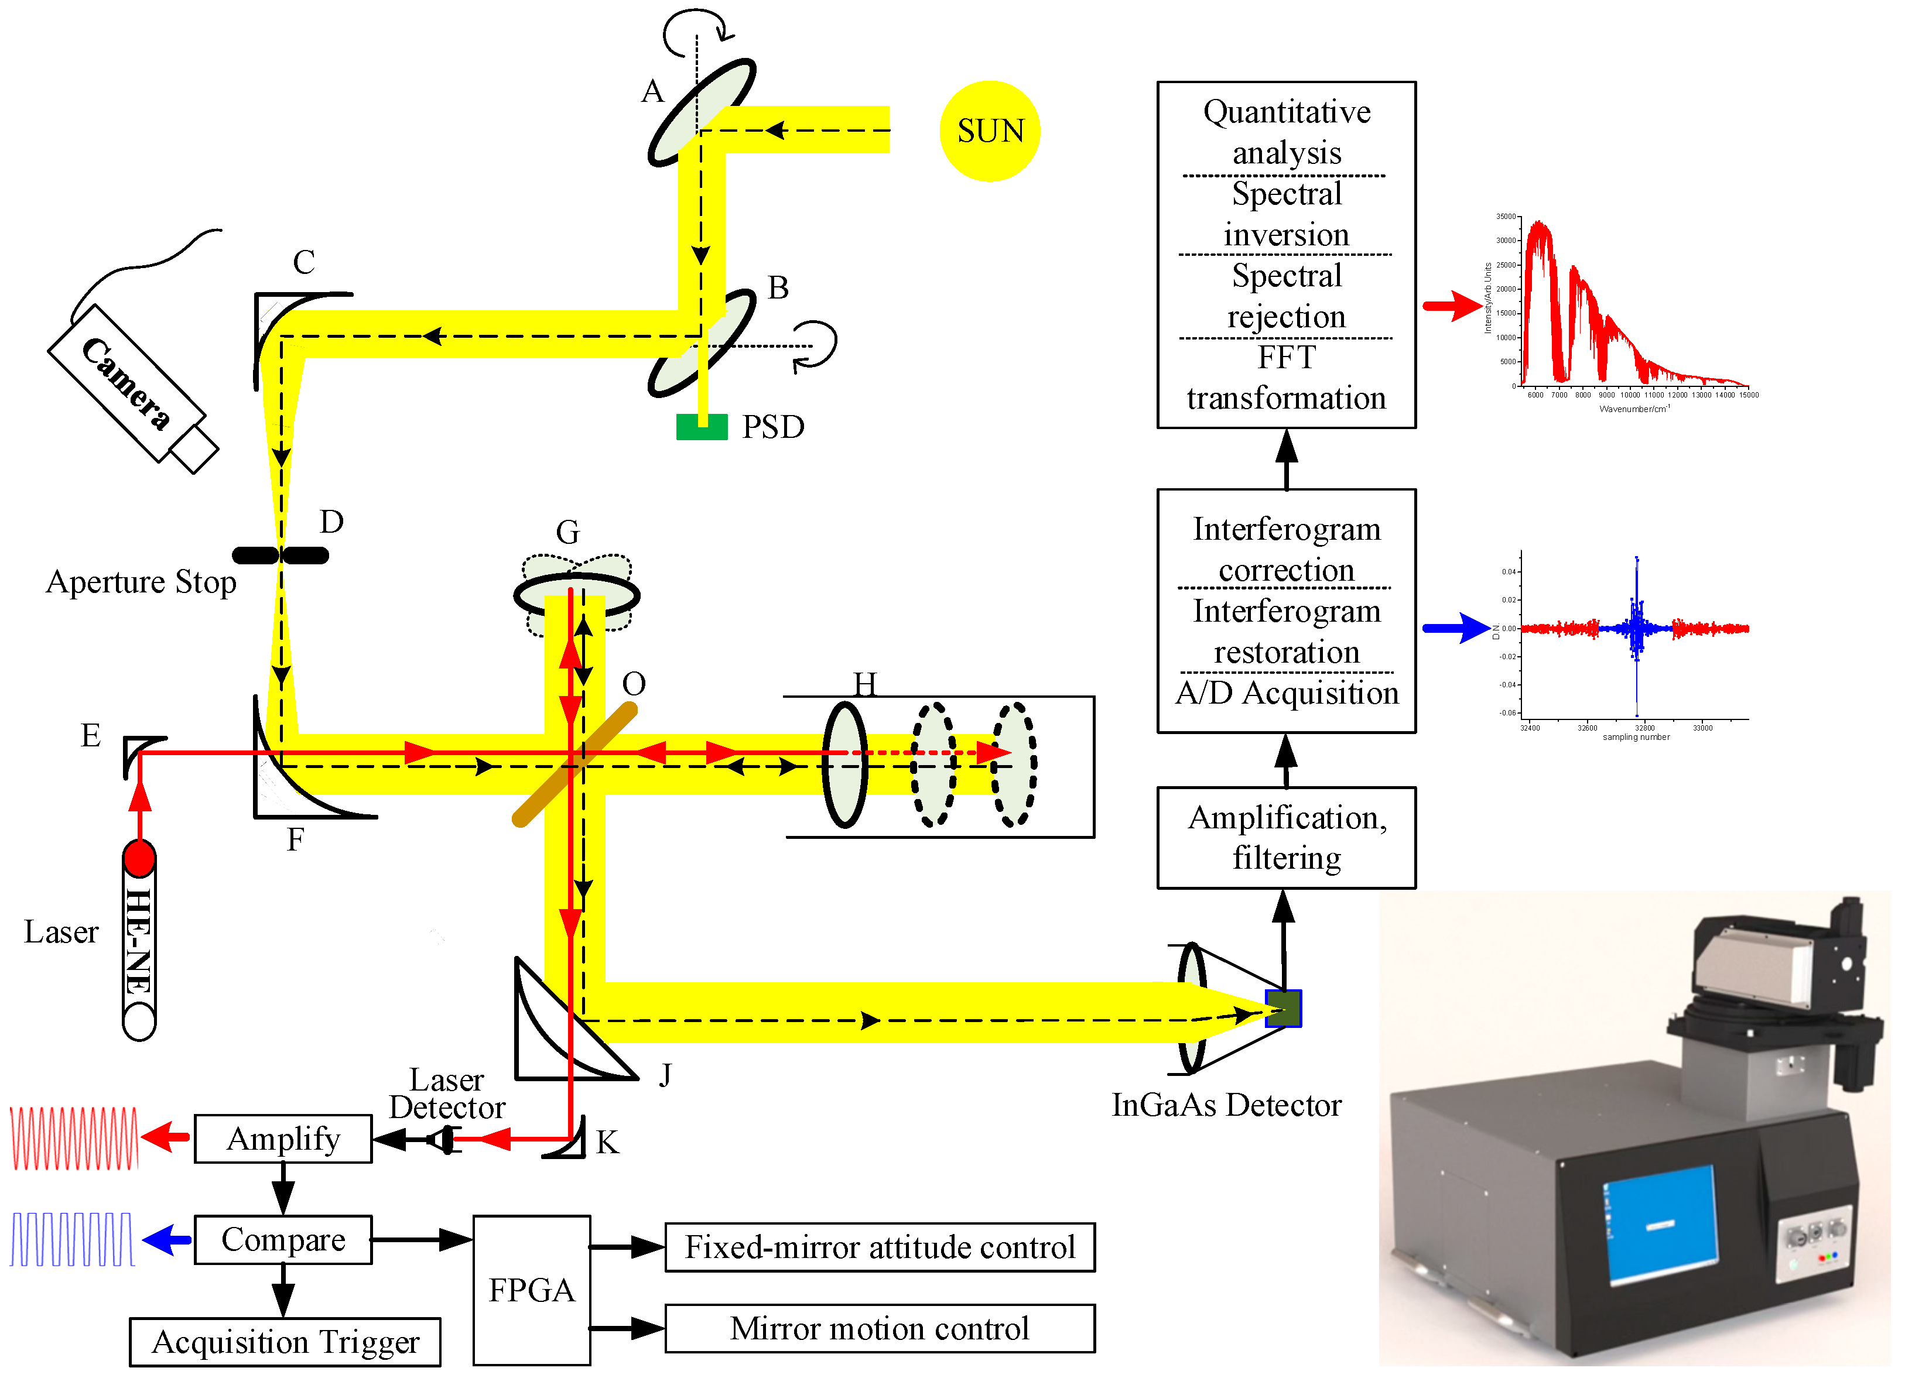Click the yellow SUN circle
tap(990, 131)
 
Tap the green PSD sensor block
tap(702, 427)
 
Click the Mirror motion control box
tap(880, 1328)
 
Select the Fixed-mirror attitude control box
tap(880, 1246)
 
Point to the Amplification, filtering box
tap(1286, 837)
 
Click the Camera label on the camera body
tap(126, 384)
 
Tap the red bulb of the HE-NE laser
tap(139, 858)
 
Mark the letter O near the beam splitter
tap(634, 684)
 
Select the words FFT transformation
tap(1286, 378)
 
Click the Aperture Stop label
tap(141, 581)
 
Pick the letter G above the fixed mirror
tap(568, 532)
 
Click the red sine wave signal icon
tap(74, 1138)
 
